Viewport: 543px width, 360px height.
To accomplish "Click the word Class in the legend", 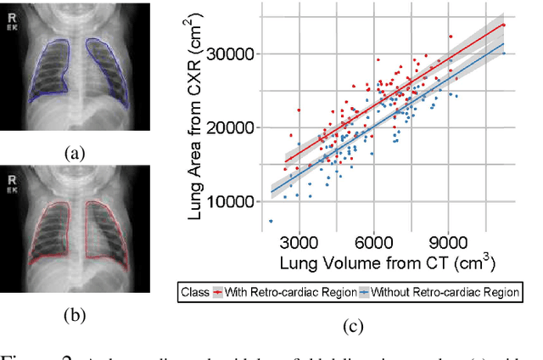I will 195,292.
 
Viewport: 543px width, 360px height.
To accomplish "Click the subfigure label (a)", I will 76,154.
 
